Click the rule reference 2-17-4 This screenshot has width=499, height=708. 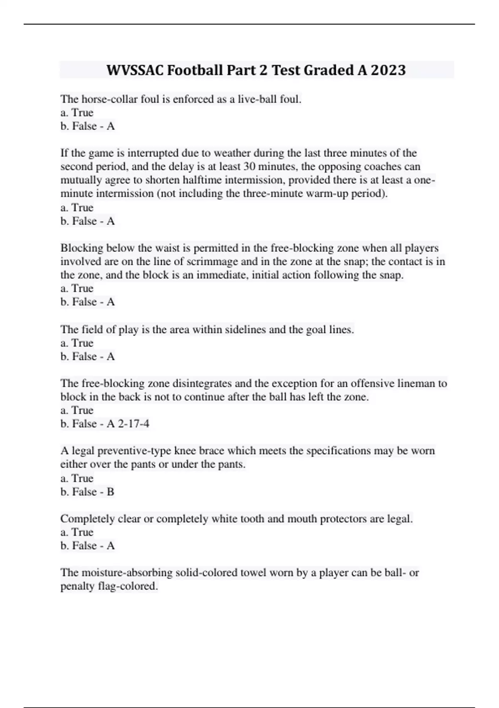coord(133,424)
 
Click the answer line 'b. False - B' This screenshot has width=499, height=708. coord(87,491)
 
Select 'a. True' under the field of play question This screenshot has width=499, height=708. coord(77,343)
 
